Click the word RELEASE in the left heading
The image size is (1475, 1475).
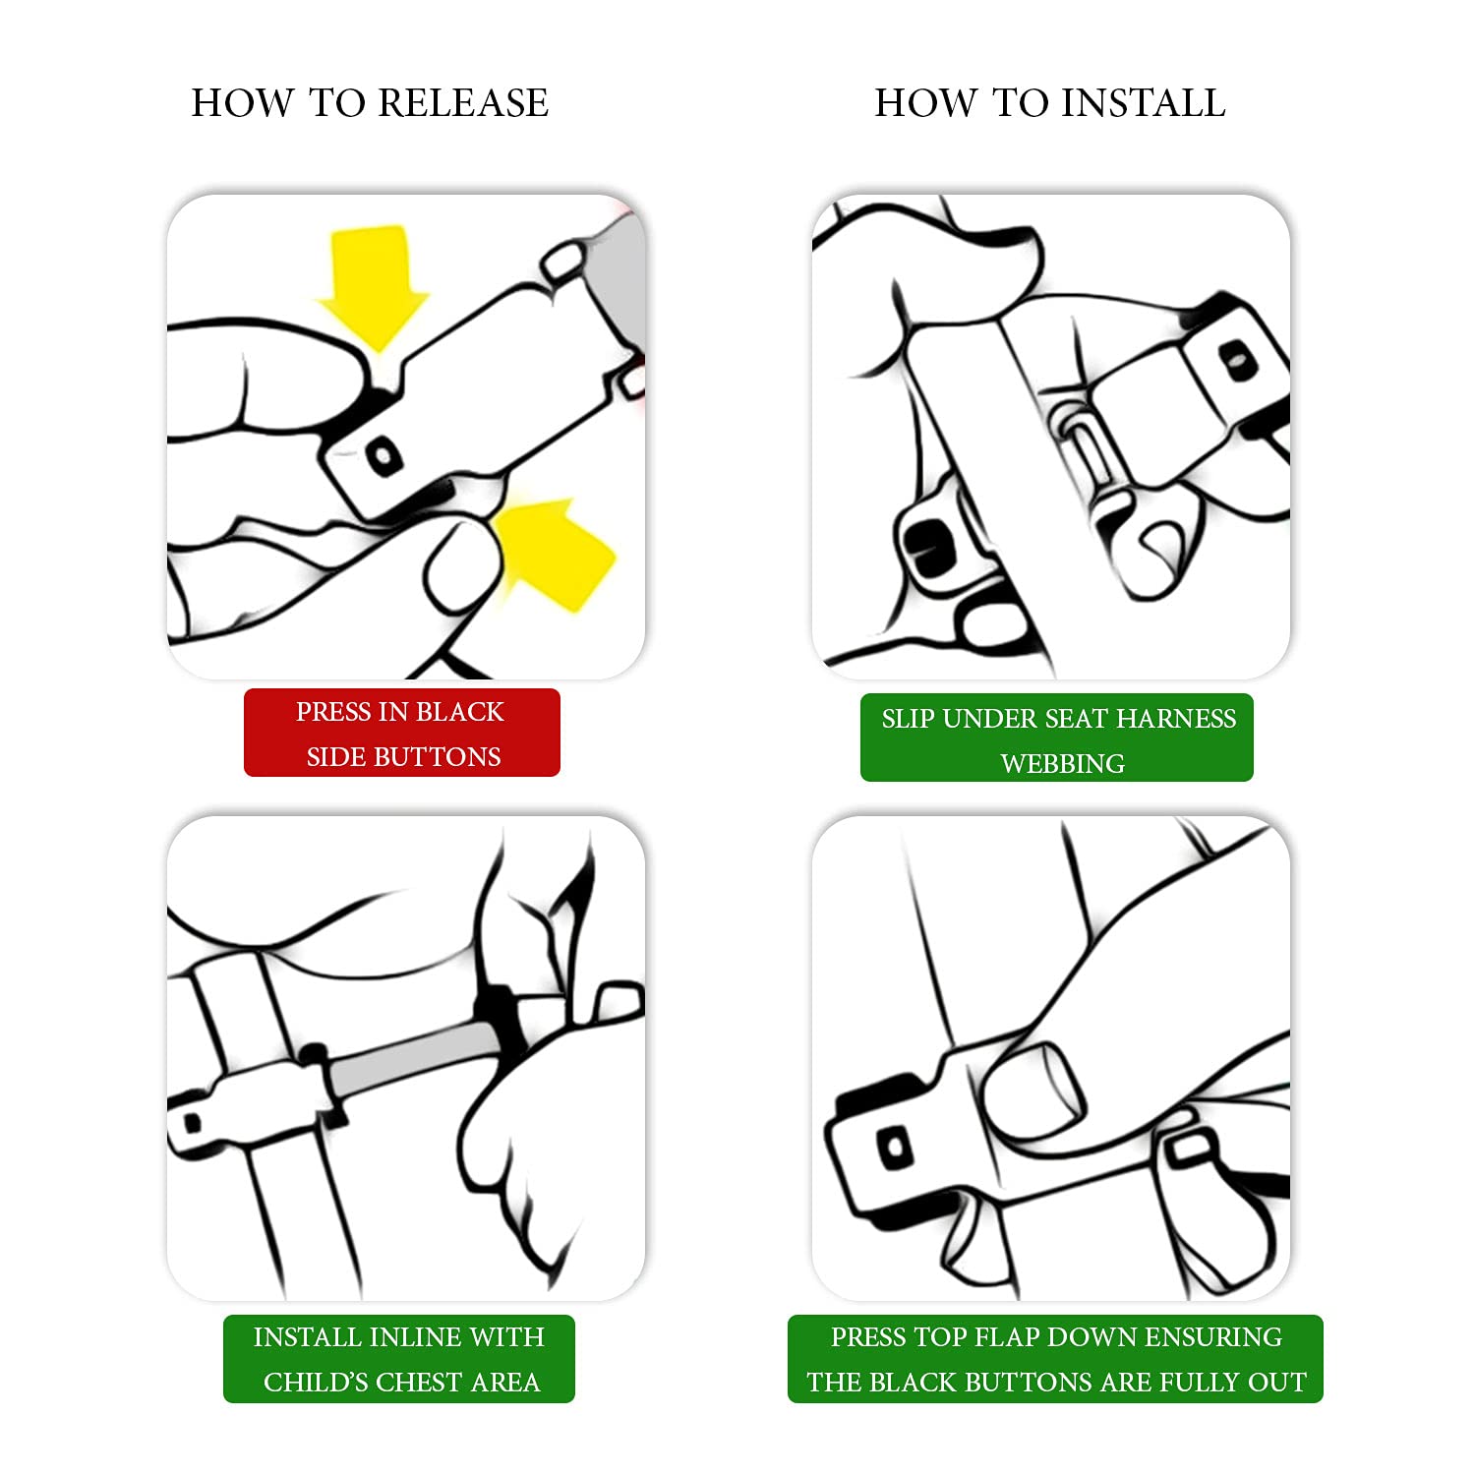[x=463, y=103]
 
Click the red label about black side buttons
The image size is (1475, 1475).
[x=402, y=733]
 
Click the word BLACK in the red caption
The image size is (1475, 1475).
[x=460, y=711]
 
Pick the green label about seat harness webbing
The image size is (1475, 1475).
[x=1057, y=737]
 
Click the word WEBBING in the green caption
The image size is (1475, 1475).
[x=1062, y=763]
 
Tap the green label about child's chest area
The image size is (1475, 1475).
[x=398, y=1359]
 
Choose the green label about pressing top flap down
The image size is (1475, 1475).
[x=1055, y=1359]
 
